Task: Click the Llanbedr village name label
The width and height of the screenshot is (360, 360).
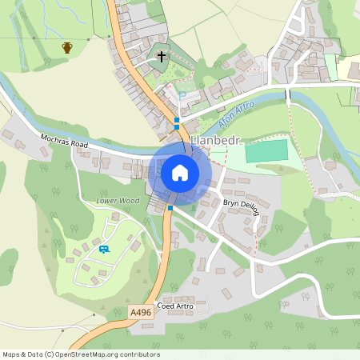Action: pos(217,141)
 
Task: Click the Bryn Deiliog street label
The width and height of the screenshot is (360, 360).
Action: pos(242,203)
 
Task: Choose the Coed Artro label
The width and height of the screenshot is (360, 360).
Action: pos(177,306)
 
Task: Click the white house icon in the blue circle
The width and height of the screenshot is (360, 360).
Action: pos(180,172)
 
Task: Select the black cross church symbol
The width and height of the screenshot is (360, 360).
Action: pos(162,56)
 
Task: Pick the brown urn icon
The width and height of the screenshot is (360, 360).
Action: pos(67,47)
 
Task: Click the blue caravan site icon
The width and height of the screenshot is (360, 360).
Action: pos(103,249)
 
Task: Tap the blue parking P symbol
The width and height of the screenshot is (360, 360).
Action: pos(182,95)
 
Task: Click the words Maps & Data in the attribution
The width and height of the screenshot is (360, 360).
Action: pos(21,354)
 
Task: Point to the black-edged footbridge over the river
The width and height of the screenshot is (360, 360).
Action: pos(286,96)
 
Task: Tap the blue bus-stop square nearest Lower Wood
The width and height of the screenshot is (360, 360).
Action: pos(170,209)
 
